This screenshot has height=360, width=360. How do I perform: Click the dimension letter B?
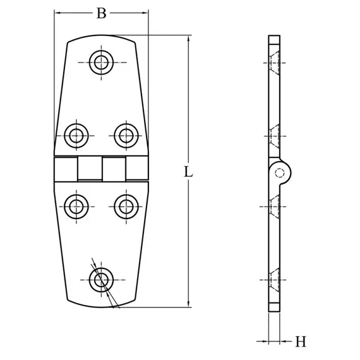click(x=101, y=13)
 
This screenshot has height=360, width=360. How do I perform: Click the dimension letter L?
click(x=188, y=171)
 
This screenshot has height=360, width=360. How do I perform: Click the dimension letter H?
click(x=301, y=342)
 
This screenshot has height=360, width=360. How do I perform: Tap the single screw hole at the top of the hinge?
click(x=101, y=62)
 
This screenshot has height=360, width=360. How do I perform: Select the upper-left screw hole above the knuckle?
click(x=76, y=134)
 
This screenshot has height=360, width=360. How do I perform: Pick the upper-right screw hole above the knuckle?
click(x=126, y=134)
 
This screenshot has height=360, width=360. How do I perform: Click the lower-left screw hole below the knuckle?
click(x=76, y=205)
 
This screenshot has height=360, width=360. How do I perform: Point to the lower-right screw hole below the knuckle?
click(x=126, y=205)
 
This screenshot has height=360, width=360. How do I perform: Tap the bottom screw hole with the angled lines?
click(x=101, y=279)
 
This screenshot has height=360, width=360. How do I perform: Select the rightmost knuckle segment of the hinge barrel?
click(x=137, y=169)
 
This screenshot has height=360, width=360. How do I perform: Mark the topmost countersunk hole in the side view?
click(x=273, y=63)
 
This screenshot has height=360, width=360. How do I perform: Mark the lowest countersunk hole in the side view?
click(x=273, y=280)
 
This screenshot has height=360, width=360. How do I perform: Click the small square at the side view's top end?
click(x=274, y=40)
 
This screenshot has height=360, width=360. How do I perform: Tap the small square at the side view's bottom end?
click(x=274, y=307)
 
